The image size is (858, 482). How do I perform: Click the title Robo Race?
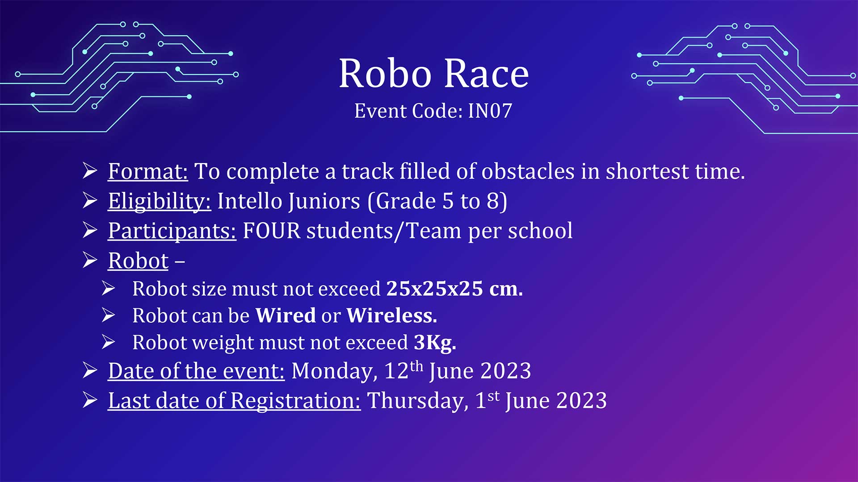[x=434, y=74]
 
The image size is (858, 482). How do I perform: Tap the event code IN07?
[x=490, y=111]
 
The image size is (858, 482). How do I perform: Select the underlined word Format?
[x=148, y=171]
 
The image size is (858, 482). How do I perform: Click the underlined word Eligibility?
[x=160, y=201]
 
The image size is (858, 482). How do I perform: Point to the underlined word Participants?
[x=172, y=231]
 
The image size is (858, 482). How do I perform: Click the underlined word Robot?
[x=139, y=261]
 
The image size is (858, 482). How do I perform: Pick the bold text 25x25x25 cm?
[x=454, y=289]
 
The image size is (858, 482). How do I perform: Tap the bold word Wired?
[x=286, y=316]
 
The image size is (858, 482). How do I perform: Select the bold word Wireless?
[x=391, y=316]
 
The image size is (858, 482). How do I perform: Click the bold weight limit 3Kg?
[x=435, y=343]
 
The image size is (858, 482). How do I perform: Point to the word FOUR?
[x=272, y=231]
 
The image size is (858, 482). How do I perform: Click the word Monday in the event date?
[x=334, y=371]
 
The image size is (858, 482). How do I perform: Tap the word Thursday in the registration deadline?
[x=418, y=401]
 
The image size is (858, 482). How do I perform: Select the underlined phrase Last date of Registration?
[x=234, y=401]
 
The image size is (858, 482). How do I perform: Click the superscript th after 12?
[x=416, y=366]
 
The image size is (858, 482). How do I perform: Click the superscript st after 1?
[x=493, y=396]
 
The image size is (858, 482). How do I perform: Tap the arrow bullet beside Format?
[x=90, y=171]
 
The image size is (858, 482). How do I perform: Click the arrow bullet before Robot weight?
[x=108, y=342]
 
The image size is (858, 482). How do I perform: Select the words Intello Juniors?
[x=289, y=201]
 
